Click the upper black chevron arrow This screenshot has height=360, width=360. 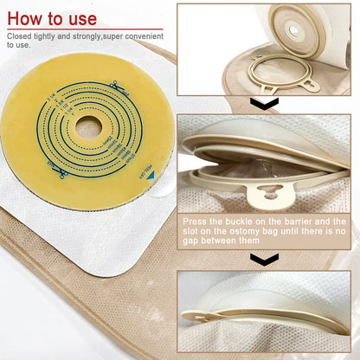tap(264, 104)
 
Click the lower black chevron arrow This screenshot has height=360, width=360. tap(264, 259)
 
